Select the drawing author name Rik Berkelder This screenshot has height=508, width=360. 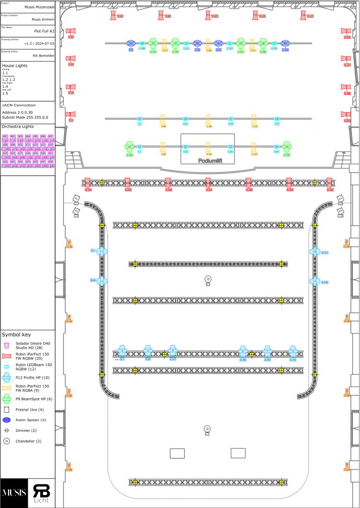coord(43,56)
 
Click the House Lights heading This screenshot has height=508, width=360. coord(15,65)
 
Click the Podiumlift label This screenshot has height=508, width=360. coord(207,161)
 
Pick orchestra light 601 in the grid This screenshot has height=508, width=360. coord(5,137)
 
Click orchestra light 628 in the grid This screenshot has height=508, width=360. coord(50,162)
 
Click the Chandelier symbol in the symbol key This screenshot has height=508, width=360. coord(7,441)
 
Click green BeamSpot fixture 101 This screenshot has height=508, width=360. coord(129,146)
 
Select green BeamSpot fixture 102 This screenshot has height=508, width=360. coord(287,146)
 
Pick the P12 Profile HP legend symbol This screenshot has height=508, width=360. coord(7,378)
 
